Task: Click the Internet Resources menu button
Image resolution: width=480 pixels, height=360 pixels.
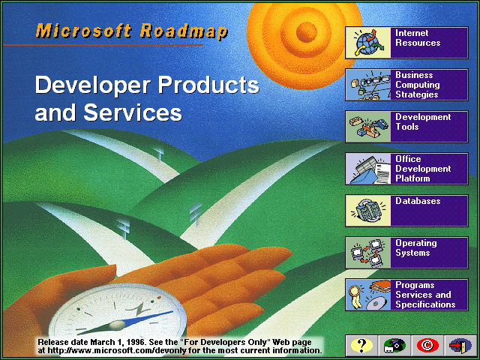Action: (x=406, y=43)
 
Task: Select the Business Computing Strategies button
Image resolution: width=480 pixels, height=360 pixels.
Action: (x=406, y=85)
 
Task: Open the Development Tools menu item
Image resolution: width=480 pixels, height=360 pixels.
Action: (x=406, y=127)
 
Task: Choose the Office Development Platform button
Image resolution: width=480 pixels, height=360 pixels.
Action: (x=406, y=169)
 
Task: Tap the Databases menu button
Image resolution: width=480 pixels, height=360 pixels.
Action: (x=406, y=211)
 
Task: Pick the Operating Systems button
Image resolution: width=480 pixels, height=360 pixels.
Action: (x=406, y=253)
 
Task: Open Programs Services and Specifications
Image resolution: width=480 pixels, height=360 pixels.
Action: (x=406, y=295)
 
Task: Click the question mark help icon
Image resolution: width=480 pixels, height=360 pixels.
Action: (x=361, y=346)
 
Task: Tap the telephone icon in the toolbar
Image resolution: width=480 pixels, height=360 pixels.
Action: (x=394, y=346)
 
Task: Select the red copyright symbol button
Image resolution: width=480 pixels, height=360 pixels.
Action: (x=427, y=346)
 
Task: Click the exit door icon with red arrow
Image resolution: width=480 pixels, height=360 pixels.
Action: (x=460, y=346)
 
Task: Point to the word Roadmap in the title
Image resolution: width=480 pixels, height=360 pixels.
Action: (x=184, y=31)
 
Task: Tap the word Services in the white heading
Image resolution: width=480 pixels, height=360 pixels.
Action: (x=133, y=112)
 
